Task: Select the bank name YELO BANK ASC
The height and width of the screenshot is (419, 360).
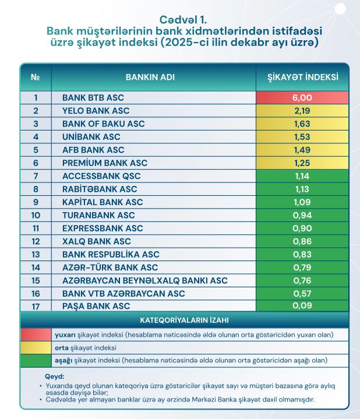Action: (96, 111)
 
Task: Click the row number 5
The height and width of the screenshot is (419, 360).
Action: (36, 150)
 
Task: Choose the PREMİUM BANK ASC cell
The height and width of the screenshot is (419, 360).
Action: (105, 163)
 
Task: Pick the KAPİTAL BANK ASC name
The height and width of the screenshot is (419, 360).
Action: (103, 202)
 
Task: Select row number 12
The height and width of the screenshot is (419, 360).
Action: (36, 241)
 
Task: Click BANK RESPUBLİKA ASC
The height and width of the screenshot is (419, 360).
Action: (111, 254)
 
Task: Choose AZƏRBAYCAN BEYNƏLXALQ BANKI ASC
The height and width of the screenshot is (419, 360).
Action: (144, 280)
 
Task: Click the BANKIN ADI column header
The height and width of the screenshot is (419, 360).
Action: (150, 77)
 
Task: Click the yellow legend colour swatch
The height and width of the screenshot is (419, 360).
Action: (36, 348)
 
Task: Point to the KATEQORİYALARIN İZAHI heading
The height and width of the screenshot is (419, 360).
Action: (184, 321)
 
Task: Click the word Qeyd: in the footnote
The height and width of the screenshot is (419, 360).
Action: (54, 376)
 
